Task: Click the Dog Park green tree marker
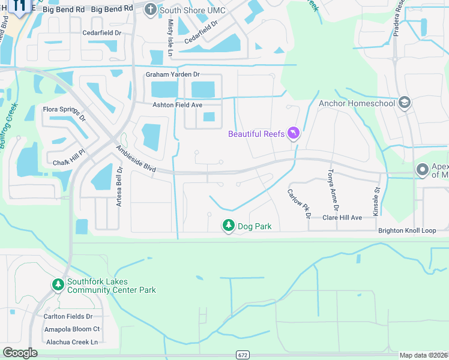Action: [x=228, y=226]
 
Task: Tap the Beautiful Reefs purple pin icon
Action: [x=294, y=133]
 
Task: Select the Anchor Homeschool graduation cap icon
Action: [x=404, y=103]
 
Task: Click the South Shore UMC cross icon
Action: [x=150, y=9]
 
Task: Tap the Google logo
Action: [x=20, y=353]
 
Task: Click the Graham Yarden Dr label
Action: [x=172, y=74]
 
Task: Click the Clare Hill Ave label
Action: [x=342, y=217]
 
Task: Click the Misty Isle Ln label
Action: [x=170, y=34]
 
